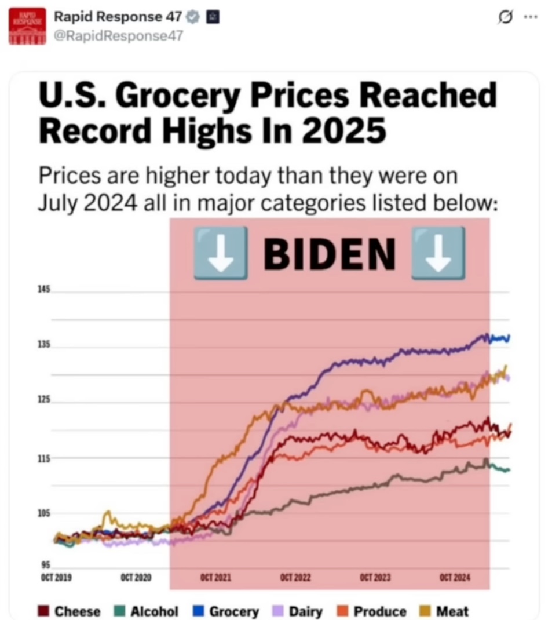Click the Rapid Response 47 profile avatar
point(27,26)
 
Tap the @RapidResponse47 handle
point(118,36)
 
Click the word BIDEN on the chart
point(329,254)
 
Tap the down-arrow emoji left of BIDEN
point(220,253)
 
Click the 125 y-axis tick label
point(45,400)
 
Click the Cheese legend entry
point(70,611)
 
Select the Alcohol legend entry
point(147,611)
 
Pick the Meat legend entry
point(445,611)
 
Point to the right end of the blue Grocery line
point(509,338)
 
